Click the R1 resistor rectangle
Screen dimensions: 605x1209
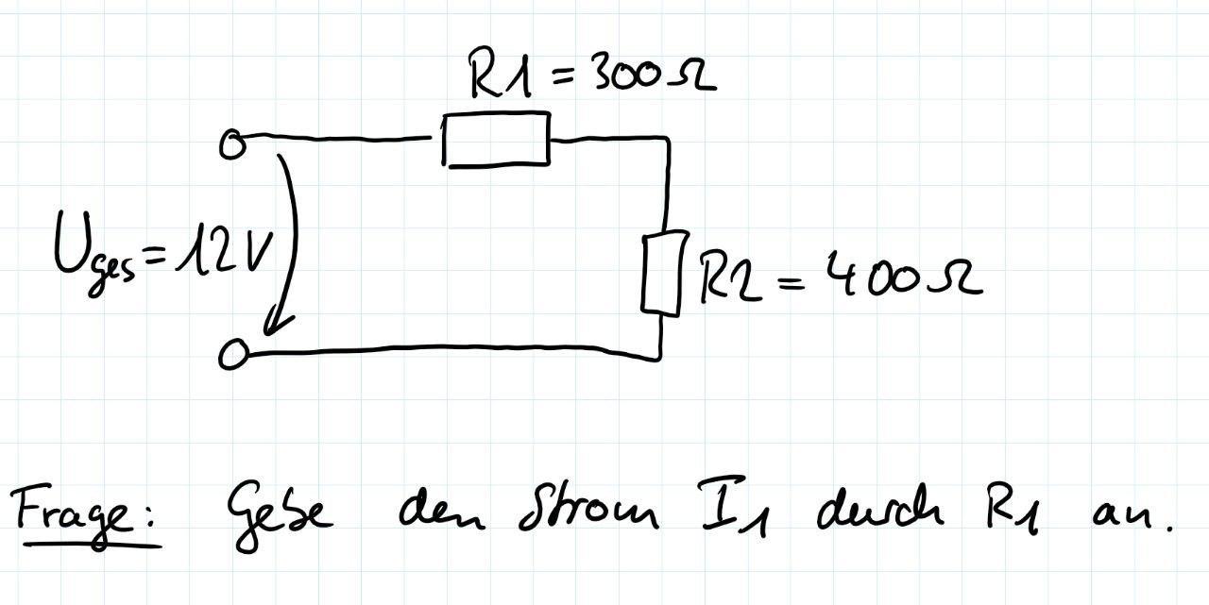point(496,140)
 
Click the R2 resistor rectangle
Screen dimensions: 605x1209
point(662,274)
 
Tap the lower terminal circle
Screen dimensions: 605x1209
point(232,355)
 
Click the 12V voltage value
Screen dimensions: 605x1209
point(232,247)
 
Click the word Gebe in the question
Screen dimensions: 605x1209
point(279,514)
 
